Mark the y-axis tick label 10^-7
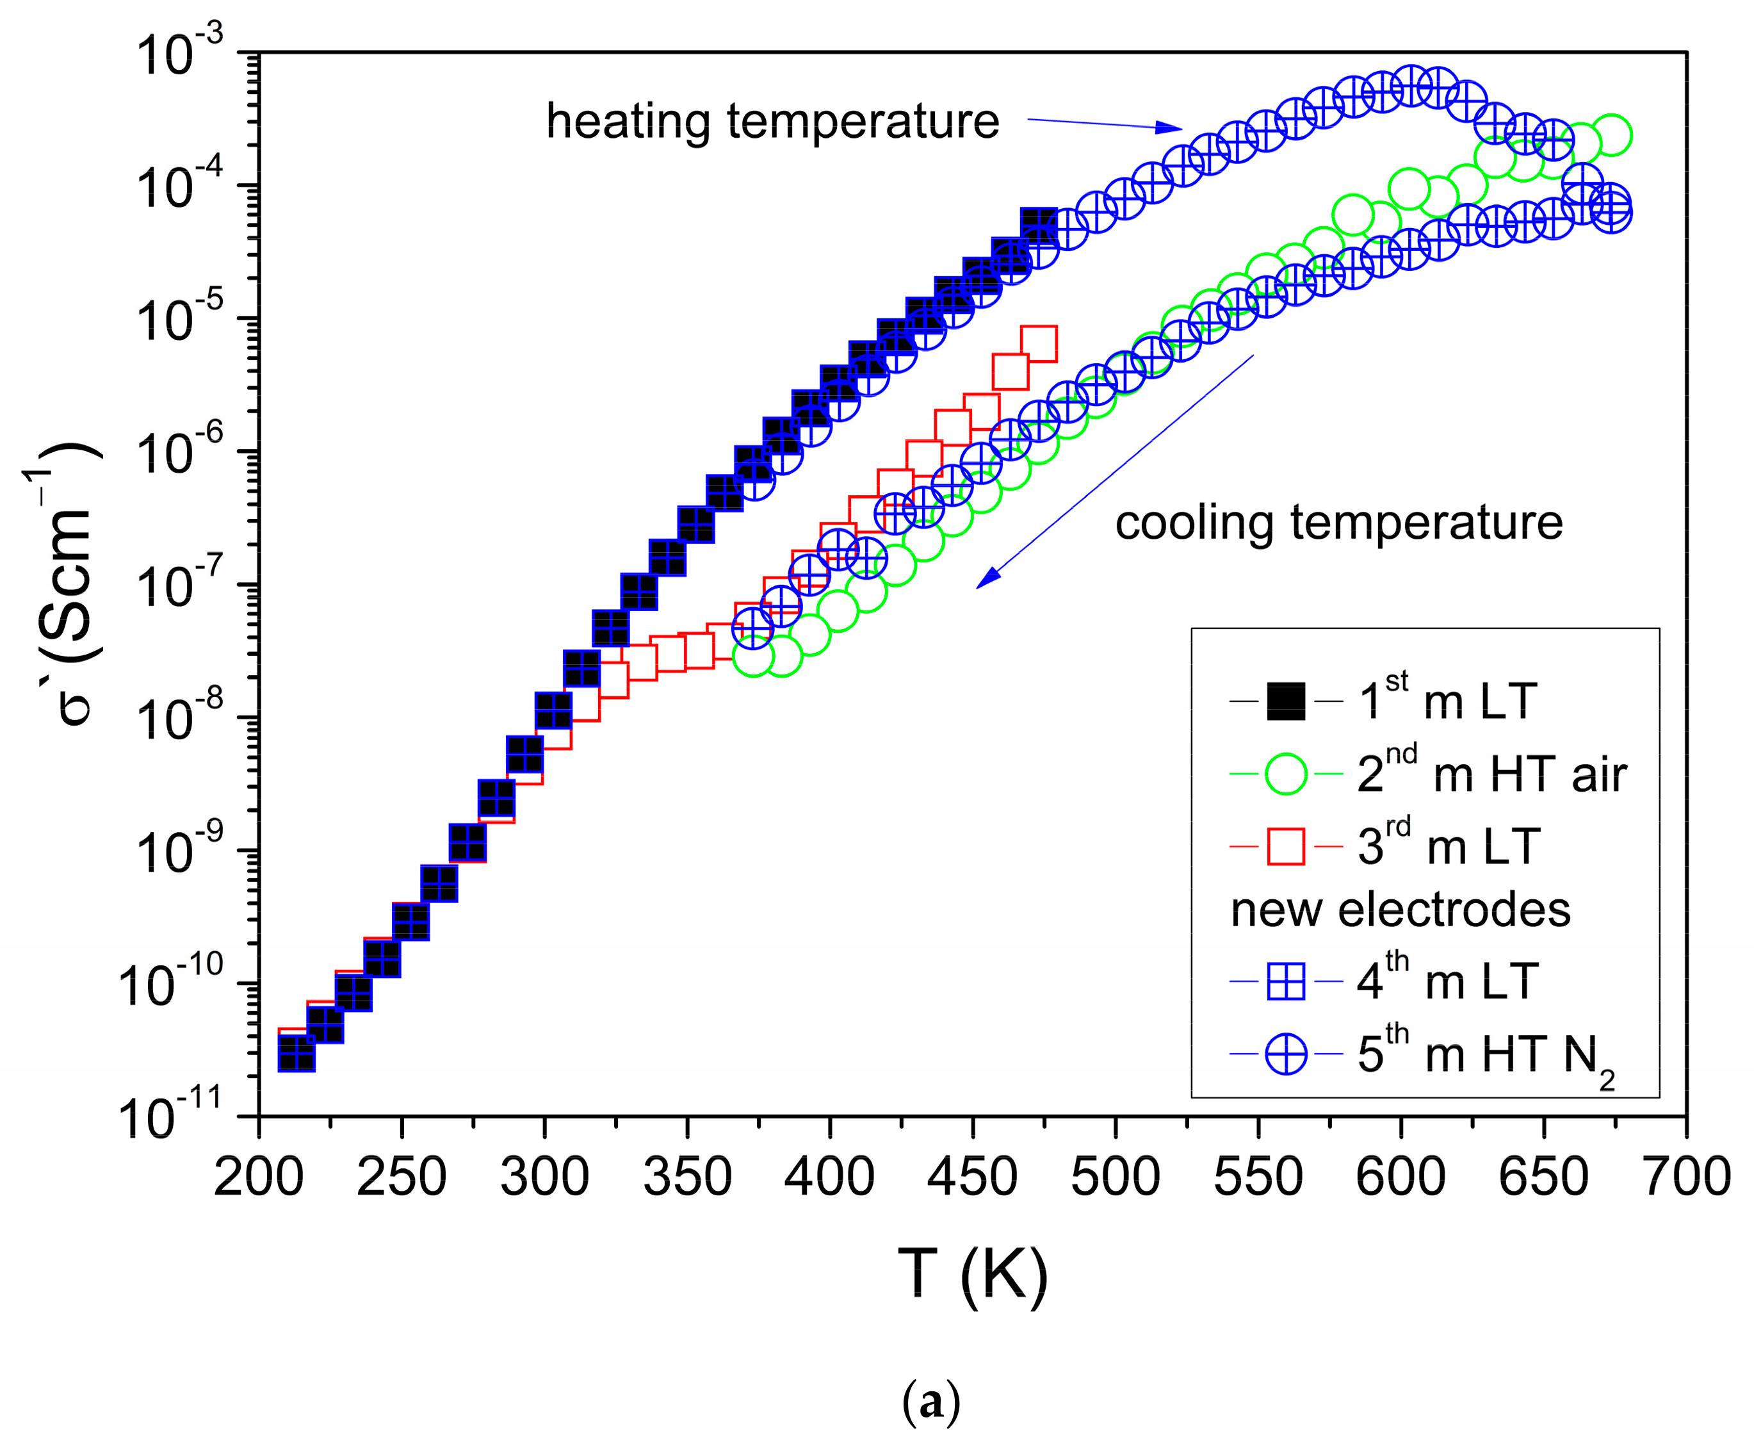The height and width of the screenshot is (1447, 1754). coord(180,586)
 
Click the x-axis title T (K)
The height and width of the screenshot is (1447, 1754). coord(972,1273)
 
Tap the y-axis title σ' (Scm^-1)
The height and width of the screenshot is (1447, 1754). coord(67,584)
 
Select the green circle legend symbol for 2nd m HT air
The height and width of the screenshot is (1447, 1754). coord(1286,774)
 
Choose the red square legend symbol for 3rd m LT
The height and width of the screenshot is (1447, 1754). coord(1286,847)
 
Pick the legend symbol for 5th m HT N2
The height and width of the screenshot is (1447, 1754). coord(1286,1055)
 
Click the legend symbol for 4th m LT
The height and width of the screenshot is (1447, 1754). coord(1286,983)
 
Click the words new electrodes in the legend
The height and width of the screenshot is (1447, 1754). coord(1400,910)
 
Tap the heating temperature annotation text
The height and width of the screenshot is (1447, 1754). coord(772,122)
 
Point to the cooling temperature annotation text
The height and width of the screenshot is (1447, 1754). coord(1338,523)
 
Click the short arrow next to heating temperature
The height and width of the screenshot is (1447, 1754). coord(1104,124)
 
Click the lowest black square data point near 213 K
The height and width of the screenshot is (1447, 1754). coord(296,1054)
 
